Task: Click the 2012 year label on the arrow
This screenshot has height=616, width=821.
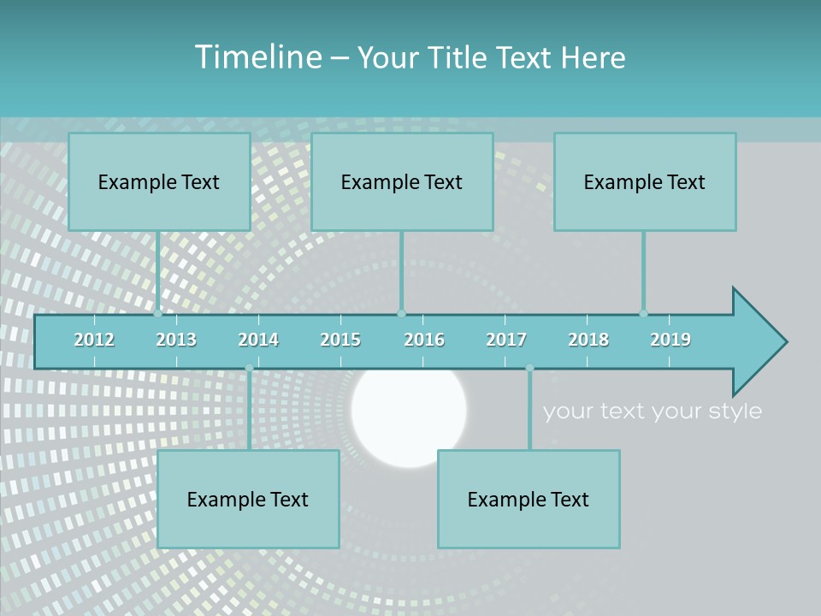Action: tap(94, 340)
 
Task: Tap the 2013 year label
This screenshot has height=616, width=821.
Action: tap(176, 340)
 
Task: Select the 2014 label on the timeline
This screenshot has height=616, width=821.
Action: tap(258, 340)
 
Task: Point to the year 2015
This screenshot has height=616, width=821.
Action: tap(340, 340)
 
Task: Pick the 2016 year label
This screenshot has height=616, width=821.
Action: tap(424, 340)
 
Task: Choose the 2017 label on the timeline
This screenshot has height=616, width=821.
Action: tap(506, 340)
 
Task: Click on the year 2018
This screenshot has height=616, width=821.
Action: tap(588, 340)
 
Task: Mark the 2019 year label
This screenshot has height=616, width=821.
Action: tap(670, 340)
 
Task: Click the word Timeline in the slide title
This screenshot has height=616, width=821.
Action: tap(256, 57)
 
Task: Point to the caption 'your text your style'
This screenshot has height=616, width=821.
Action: tap(652, 412)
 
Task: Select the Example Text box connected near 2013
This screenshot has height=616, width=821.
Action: tap(159, 181)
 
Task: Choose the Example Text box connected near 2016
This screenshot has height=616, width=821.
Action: tap(402, 181)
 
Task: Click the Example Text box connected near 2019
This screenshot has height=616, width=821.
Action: tap(645, 181)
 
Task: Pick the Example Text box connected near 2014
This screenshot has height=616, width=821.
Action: tap(248, 499)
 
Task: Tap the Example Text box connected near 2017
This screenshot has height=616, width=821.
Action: tap(529, 499)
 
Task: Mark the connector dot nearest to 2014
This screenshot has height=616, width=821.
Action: tap(249, 368)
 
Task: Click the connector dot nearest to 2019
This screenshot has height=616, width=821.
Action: tap(643, 313)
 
